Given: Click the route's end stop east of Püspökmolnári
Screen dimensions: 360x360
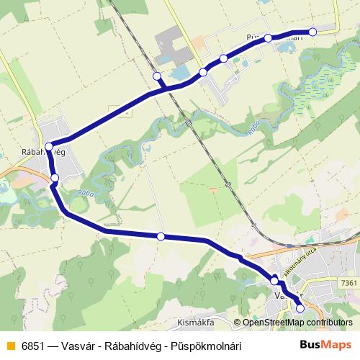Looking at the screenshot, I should (x=313, y=32).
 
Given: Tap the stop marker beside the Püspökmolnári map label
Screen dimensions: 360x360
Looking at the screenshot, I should (x=268, y=38).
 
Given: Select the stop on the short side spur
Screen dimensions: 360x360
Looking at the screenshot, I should (x=157, y=76).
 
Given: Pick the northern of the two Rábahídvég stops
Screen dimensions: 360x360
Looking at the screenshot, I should (x=49, y=148).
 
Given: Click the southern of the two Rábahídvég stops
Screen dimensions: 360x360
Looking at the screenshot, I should (x=55, y=178).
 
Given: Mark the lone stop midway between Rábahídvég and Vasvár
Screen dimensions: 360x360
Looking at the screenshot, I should (x=161, y=236).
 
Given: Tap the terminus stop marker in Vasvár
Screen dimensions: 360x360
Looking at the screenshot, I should (x=300, y=308).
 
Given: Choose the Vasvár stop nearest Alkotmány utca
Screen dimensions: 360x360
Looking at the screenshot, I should (x=274, y=280).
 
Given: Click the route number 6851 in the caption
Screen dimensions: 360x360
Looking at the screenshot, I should (x=32, y=346).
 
